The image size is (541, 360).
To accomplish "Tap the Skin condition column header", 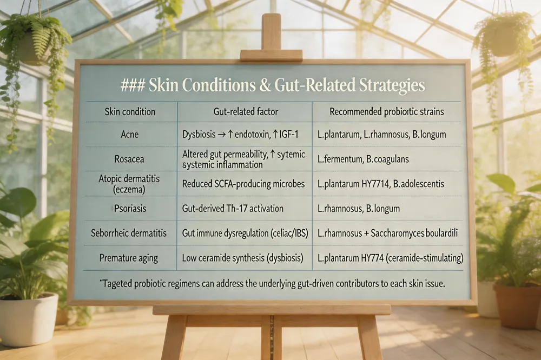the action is [x=130, y=112].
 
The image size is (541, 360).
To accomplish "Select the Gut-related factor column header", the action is [x=246, y=112].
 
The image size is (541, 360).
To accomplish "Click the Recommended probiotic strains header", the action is [x=387, y=112].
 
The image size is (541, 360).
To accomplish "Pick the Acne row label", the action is [x=130, y=134].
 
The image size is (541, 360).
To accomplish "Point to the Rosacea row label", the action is [x=129, y=159].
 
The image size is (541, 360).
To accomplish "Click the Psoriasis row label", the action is [x=130, y=208].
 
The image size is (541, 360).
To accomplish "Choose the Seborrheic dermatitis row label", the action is [x=129, y=233].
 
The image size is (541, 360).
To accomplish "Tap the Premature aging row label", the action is [x=129, y=258].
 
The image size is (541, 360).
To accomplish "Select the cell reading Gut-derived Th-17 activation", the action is [x=233, y=208].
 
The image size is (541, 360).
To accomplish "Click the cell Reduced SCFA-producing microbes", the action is [x=243, y=184].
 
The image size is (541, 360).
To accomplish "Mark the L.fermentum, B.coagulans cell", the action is [x=364, y=159].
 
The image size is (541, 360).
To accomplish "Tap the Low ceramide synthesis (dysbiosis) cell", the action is [x=243, y=258].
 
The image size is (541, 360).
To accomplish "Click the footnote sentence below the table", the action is [x=272, y=284].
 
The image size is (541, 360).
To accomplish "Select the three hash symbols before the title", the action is [x=133, y=85].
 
